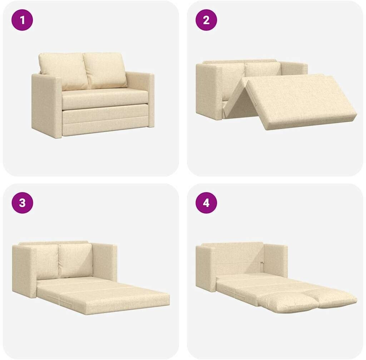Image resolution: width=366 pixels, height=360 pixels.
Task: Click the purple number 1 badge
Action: pyautogui.click(x=22, y=20)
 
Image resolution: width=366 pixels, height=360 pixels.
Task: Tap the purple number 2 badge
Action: pyautogui.click(x=206, y=20)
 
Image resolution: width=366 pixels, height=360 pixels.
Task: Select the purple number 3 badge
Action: pyautogui.click(x=22, y=202)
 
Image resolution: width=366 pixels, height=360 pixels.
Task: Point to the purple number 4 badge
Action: pyautogui.click(x=206, y=202)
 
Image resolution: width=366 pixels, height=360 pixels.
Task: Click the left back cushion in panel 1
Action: pyautogui.click(x=63, y=71)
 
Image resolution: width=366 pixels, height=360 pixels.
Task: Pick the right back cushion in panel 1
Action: pyautogui.click(x=105, y=70)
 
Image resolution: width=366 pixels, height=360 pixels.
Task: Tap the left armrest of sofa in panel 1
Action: pyautogui.click(x=47, y=105)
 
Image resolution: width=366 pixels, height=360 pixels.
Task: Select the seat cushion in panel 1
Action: pyautogui.click(x=105, y=99)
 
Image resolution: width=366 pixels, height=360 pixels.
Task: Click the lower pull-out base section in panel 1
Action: pyautogui.click(x=105, y=121)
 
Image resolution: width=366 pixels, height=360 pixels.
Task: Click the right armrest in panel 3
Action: pyautogui.click(x=105, y=262)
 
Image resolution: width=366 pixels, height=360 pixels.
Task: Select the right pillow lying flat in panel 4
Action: pyautogui.click(x=331, y=299)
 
